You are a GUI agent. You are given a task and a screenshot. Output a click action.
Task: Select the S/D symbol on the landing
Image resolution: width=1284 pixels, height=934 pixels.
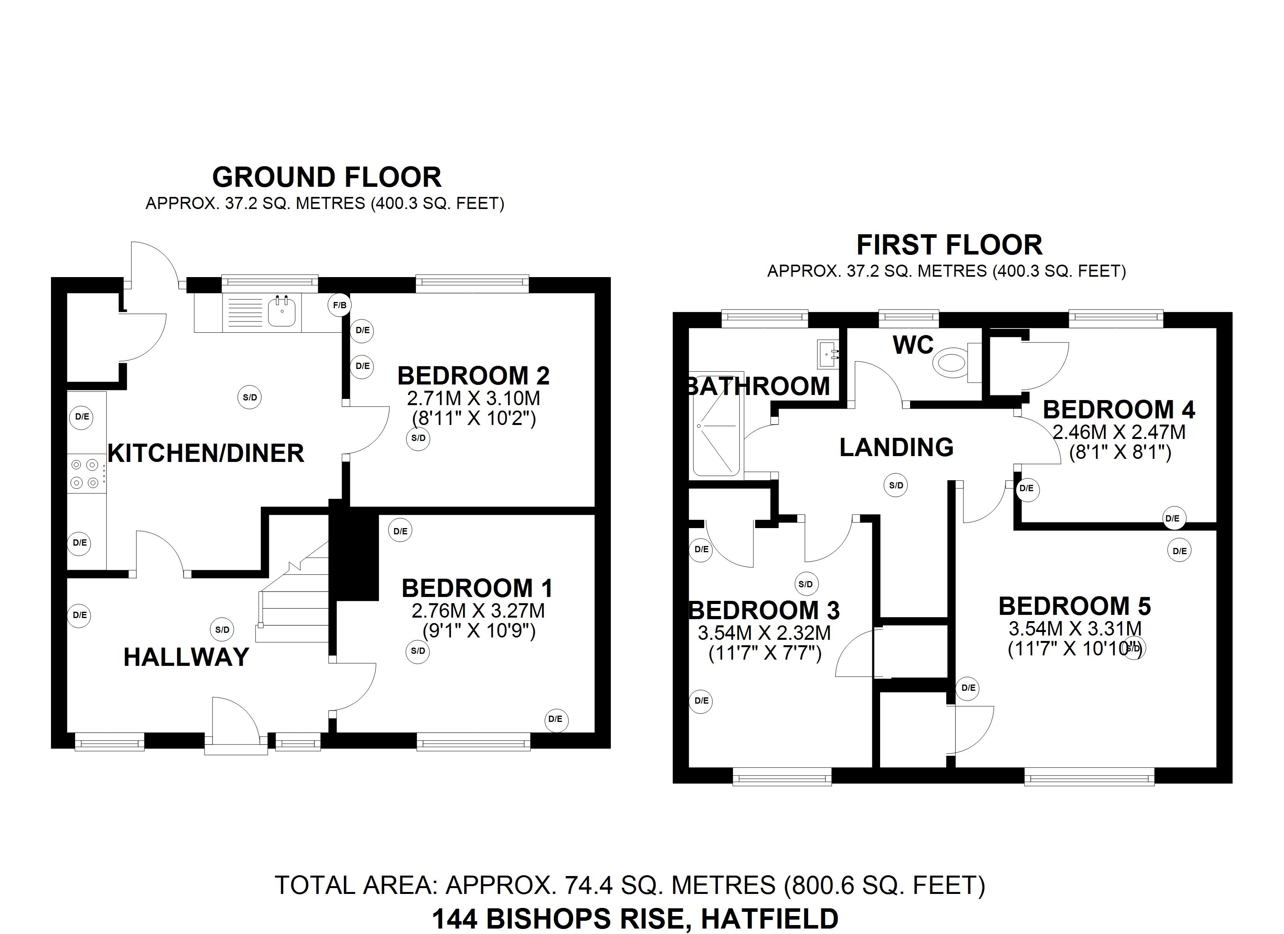click(896, 485)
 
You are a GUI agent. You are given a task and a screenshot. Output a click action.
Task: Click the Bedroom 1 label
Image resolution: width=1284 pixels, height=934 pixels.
click(477, 588)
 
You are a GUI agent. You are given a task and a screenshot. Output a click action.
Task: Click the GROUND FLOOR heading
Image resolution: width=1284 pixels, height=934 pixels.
click(327, 177)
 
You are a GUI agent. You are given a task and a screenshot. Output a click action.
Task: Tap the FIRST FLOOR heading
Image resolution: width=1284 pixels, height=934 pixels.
click(949, 245)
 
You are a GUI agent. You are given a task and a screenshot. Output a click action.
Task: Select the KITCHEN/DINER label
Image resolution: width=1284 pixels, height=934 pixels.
click(206, 453)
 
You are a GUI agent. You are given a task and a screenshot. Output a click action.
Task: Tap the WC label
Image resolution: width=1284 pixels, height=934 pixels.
click(913, 345)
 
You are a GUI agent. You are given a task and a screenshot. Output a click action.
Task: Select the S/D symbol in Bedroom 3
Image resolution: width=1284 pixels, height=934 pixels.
click(806, 584)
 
